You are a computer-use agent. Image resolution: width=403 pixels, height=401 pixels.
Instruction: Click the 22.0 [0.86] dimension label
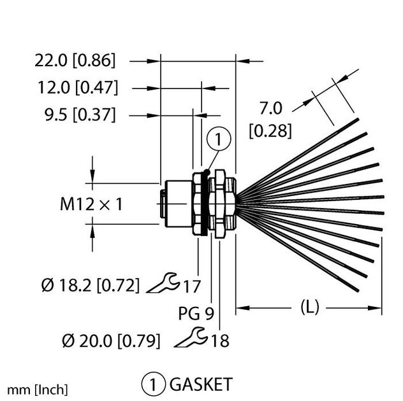[75, 61]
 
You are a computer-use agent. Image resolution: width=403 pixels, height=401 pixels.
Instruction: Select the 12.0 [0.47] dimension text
[75, 88]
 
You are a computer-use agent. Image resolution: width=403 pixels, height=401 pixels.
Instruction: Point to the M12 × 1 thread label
[91, 204]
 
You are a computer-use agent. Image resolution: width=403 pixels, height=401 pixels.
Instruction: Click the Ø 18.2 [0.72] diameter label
[91, 285]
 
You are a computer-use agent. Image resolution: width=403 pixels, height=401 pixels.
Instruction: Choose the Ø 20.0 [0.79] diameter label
[110, 341]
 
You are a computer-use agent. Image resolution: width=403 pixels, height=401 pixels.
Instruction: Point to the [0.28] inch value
[270, 131]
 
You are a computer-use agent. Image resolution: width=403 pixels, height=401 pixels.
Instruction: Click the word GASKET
[200, 384]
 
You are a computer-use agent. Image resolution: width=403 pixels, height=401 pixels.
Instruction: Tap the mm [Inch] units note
[38, 389]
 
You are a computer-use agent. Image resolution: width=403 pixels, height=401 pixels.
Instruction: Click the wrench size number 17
[191, 285]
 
